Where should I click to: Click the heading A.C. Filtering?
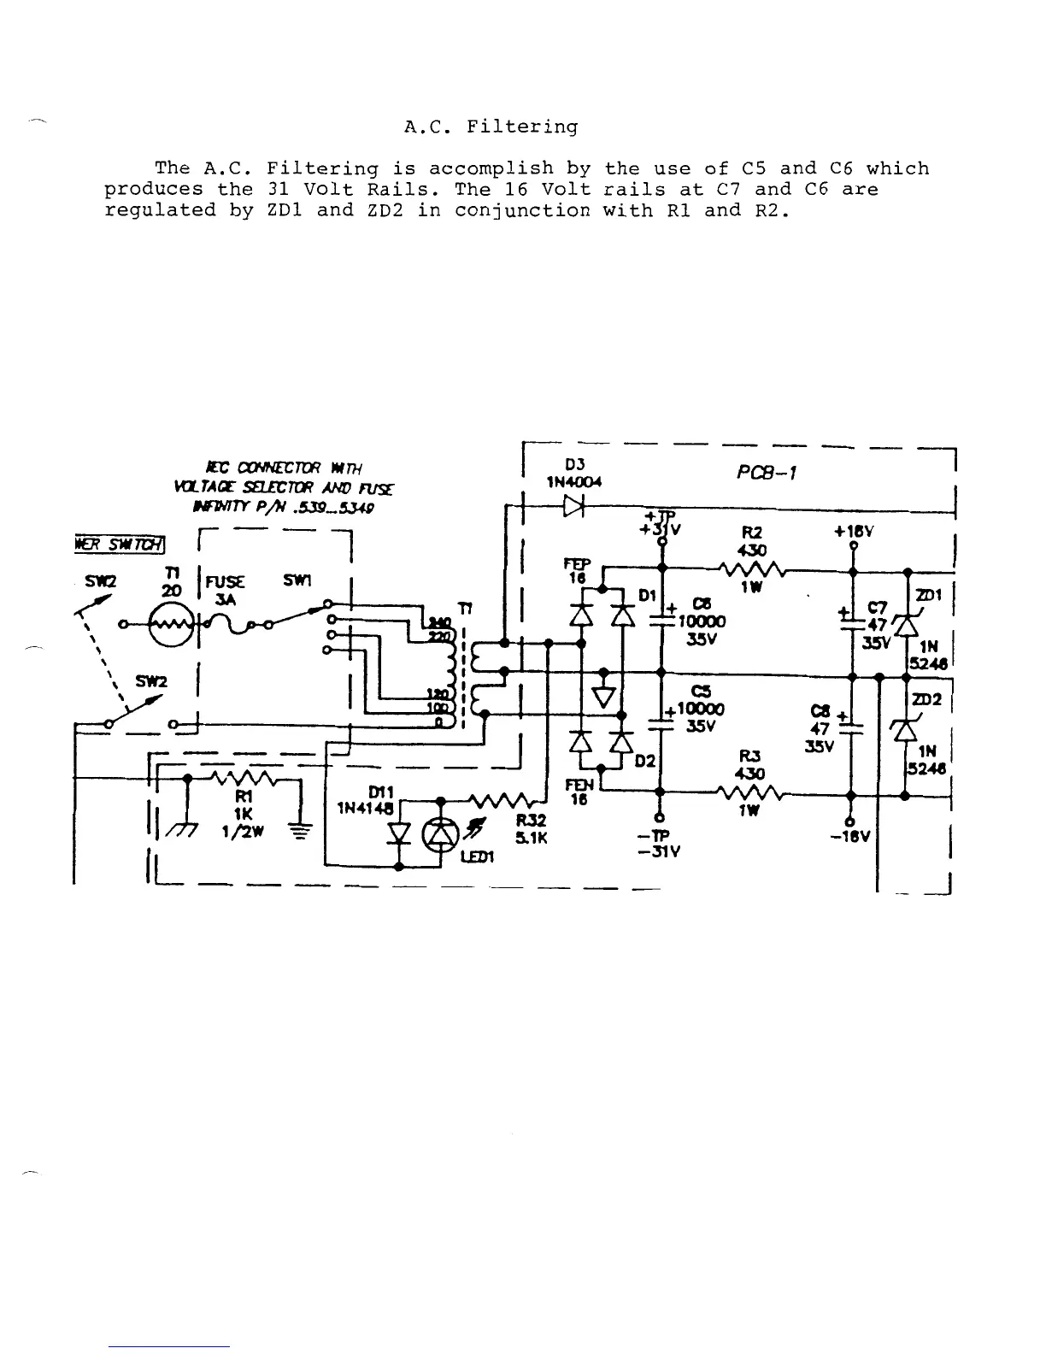491,127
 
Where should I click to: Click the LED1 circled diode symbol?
441,833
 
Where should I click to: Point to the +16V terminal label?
853,531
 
